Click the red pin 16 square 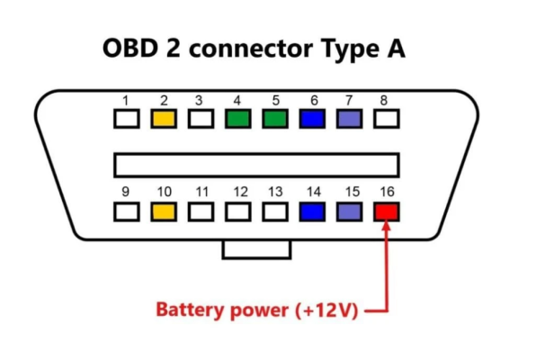click(387, 211)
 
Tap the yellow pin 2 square click(164, 119)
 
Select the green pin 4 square click(238, 119)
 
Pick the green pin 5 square click(275, 119)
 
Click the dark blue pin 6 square click(312, 119)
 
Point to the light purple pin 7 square click(349, 119)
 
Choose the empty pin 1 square click(127, 119)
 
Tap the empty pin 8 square click(387, 119)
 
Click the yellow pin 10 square click(164, 211)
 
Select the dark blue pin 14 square click(312, 211)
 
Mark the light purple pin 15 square click(349, 211)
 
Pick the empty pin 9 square click(127, 211)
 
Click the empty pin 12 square click(238, 211)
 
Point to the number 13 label click(275, 192)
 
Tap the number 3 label click(199, 101)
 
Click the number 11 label click(201, 192)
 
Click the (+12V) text click(326, 310)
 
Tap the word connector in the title click(251, 49)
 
